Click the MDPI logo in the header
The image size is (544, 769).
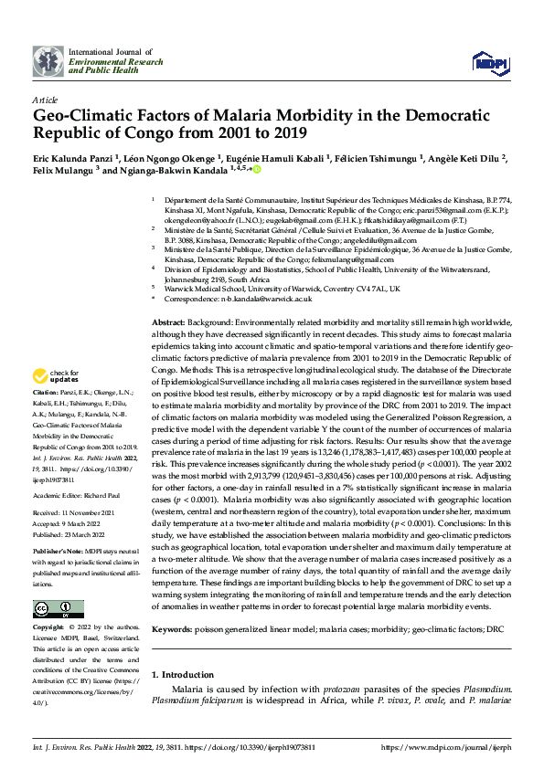487,61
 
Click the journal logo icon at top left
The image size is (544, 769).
48,61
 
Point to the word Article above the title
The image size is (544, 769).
45,99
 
